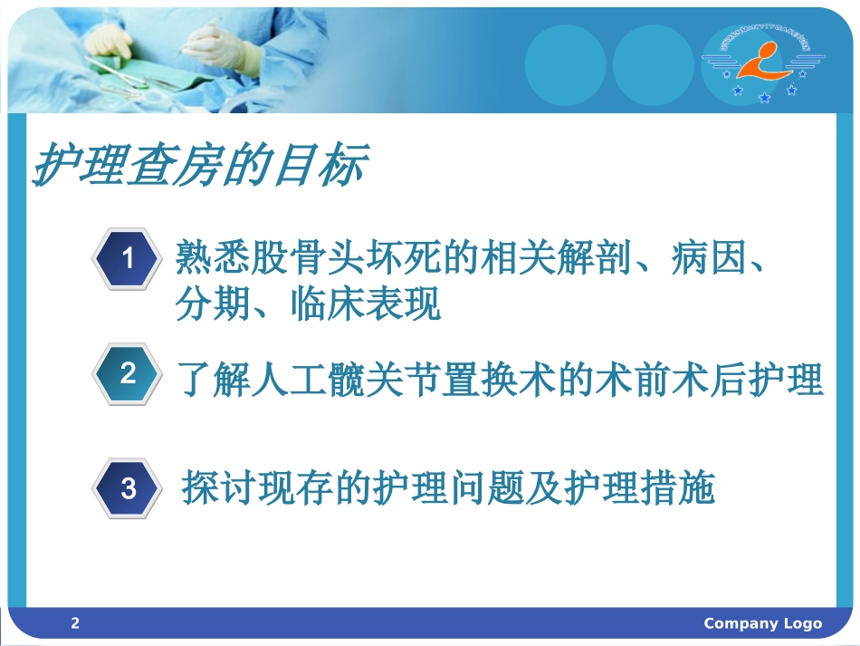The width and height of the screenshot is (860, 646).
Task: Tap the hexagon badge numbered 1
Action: pyautogui.click(x=128, y=259)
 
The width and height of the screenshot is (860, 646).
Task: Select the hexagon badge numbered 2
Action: pyautogui.click(x=128, y=373)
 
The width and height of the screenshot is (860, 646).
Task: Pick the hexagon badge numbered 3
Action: pyautogui.click(x=128, y=489)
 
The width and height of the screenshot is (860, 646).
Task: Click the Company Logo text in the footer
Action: pyautogui.click(x=762, y=623)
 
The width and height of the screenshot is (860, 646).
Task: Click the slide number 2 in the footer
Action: pyautogui.click(x=75, y=623)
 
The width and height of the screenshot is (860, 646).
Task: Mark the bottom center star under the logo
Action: pyautogui.click(x=764, y=97)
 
